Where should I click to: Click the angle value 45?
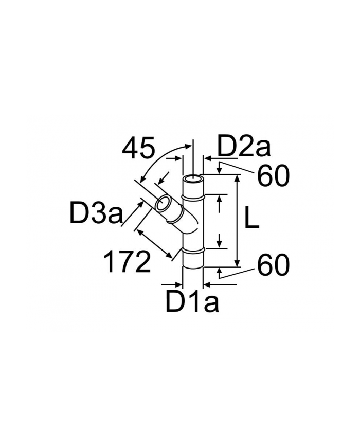pyautogui.click(x=138, y=149)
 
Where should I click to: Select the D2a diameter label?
pyautogui.click(x=244, y=147)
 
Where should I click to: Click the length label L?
pyautogui.click(x=251, y=219)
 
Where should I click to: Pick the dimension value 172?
pyautogui.click(x=127, y=262)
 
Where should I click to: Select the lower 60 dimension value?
pyautogui.click(x=273, y=265)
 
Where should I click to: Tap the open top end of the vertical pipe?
pyautogui.click(x=193, y=178)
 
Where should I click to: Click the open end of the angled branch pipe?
pyautogui.click(x=164, y=204)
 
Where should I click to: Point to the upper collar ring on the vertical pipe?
pyautogui.click(x=193, y=196)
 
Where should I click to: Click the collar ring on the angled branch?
pyautogui.click(x=177, y=217)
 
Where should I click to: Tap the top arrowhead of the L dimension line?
pyautogui.click(x=237, y=178)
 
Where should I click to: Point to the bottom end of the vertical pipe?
pyautogui.click(x=193, y=267)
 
